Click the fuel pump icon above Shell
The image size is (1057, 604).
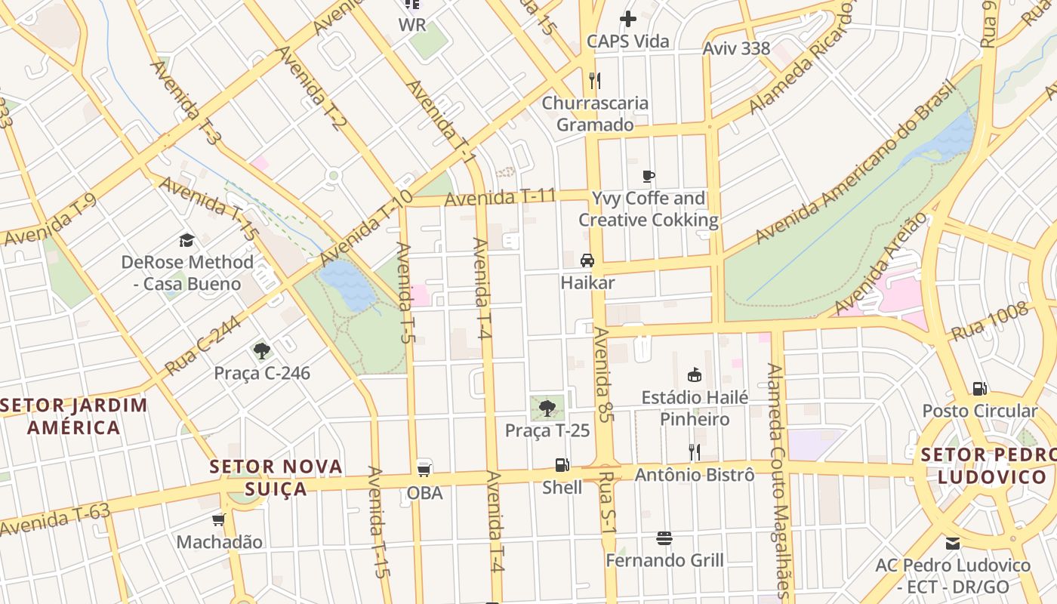(x=562, y=465)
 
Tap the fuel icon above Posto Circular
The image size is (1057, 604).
(x=980, y=389)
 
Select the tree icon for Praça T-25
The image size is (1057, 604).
(x=547, y=408)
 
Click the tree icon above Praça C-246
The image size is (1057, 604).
(x=262, y=350)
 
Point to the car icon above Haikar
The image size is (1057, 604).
(x=587, y=260)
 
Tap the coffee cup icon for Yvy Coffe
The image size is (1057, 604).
(x=648, y=177)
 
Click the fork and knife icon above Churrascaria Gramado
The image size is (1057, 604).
(x=595, y=80)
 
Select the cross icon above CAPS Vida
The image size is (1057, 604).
(x=627, y=19)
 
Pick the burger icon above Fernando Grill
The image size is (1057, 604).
(x=664, y=538)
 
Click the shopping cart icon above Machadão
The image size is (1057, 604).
(x=219, y=519)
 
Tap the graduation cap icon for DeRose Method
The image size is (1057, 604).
(x=186, y=240)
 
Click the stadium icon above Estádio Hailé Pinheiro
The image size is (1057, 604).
(x=695, y=374)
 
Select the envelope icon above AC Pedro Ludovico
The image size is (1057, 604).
(x=953, y=543)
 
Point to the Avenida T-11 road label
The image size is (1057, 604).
(x=500, y=198)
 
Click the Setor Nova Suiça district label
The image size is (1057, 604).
(x=276, y=477)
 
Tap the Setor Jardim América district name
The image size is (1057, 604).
(x=74, y=416)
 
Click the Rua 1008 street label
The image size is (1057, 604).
(x=989, y=322)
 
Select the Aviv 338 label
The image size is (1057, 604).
(x=736, y=49)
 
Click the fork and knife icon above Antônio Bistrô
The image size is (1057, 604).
(x=695, y=451)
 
